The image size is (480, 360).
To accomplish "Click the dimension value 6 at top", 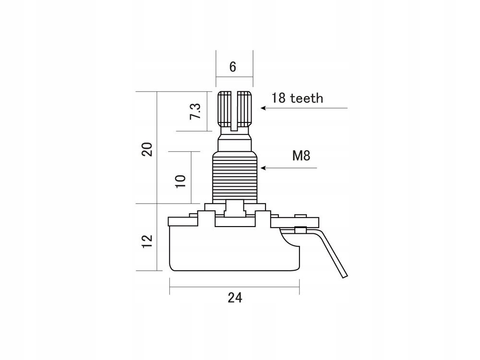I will [x=233, y=67].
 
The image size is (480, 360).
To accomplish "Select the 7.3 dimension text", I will [x=195, y=111].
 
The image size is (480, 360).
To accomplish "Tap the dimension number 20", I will [x=147, y=149].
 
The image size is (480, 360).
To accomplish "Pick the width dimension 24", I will [x=235, y=298].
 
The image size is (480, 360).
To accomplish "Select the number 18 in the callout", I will [x=278, y=98].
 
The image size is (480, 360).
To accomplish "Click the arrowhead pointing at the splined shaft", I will [x=263, y=108].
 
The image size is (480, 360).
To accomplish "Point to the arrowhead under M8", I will [x=262, y=168].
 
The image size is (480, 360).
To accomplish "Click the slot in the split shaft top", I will [x=235, y=110].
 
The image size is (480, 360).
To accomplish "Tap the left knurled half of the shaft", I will [x=225, y=108].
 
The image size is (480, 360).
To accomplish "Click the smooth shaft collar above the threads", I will [x=235, y=143].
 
